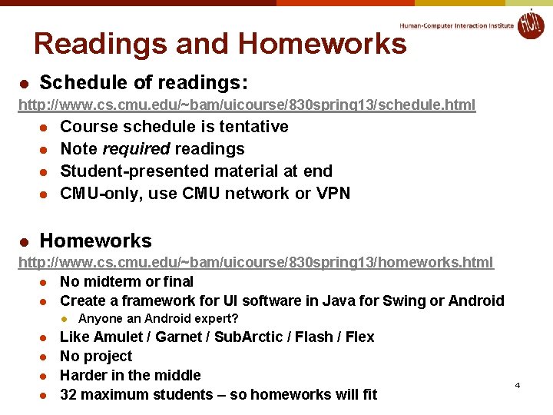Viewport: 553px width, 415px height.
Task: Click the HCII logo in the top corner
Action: pos(530,24)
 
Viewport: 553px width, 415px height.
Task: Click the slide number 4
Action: pos(518,384)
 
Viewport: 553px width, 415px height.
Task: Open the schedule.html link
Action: pos(247,105)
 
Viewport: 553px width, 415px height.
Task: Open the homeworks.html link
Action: pos(256,263)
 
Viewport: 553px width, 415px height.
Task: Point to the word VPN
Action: pos(333,194)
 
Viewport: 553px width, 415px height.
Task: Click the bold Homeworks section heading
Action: pos(95,241)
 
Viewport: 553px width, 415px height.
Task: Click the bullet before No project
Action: pos(45,357)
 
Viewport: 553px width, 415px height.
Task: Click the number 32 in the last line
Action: pos(68,395)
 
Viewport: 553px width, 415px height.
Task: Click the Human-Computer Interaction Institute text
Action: pos(457,25)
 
